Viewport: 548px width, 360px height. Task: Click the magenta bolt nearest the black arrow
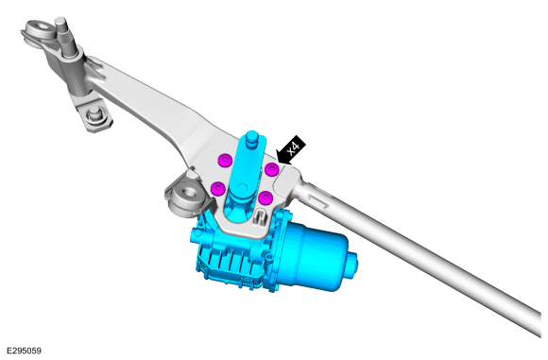pos(271,170)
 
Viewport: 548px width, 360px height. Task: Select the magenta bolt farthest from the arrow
pos(218,189)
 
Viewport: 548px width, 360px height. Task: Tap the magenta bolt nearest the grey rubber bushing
pos(218,189)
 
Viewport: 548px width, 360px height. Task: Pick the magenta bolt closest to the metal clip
pos(265,197)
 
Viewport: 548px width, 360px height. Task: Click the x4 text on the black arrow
pos(293,148)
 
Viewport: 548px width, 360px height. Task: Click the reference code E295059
pos(24,351)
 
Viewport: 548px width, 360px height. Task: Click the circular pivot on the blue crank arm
pos(242,188)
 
